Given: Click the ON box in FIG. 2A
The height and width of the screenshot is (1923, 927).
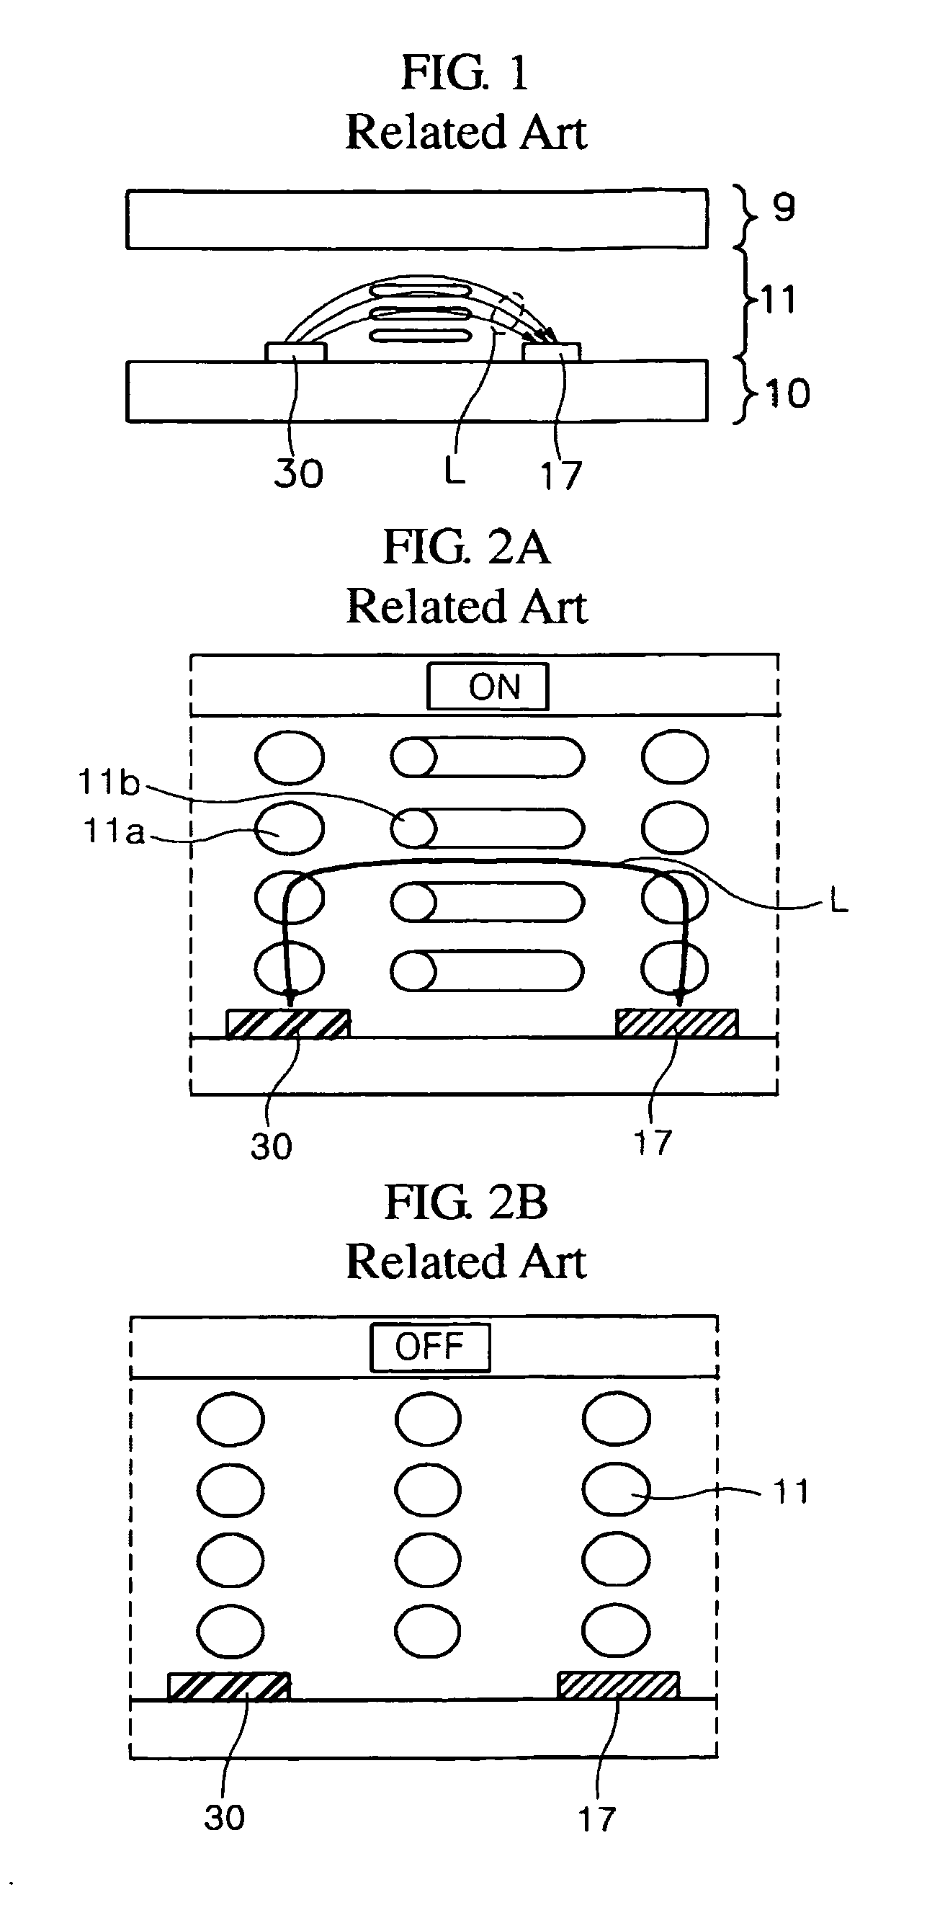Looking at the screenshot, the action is [488, 686].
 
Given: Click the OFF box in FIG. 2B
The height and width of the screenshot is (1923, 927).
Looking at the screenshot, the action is [430, 1347].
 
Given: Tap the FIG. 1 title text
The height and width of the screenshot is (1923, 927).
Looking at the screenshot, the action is [466, 73].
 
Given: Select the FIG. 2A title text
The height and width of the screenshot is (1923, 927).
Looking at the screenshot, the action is [467, 547].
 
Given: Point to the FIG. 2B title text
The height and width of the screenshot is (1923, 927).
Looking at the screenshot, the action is [466, 1203].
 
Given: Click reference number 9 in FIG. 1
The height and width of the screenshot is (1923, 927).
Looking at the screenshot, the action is [784, 208].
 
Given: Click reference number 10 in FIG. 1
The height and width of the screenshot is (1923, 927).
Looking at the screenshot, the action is [787, 393].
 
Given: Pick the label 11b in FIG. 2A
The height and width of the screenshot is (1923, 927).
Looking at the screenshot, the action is [109, 782].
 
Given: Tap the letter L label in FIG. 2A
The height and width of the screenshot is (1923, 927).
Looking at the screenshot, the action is [839, 903].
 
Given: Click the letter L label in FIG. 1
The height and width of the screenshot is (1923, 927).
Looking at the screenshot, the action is [454, 470].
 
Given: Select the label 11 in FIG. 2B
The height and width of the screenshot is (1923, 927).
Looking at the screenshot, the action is [791, 1492].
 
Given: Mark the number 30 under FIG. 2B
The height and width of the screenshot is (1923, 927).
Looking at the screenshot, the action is [224, 1818].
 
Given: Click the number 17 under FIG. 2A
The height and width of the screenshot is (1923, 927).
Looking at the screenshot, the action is [653, 1143].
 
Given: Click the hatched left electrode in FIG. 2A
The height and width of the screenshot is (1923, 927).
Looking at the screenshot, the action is [288, 1023].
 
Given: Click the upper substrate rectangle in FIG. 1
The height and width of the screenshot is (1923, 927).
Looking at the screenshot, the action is [417, 219].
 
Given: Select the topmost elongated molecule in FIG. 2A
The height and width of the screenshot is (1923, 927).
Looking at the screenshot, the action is [488, 757].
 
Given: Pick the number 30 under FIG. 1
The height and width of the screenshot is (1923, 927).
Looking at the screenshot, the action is [298, 473].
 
